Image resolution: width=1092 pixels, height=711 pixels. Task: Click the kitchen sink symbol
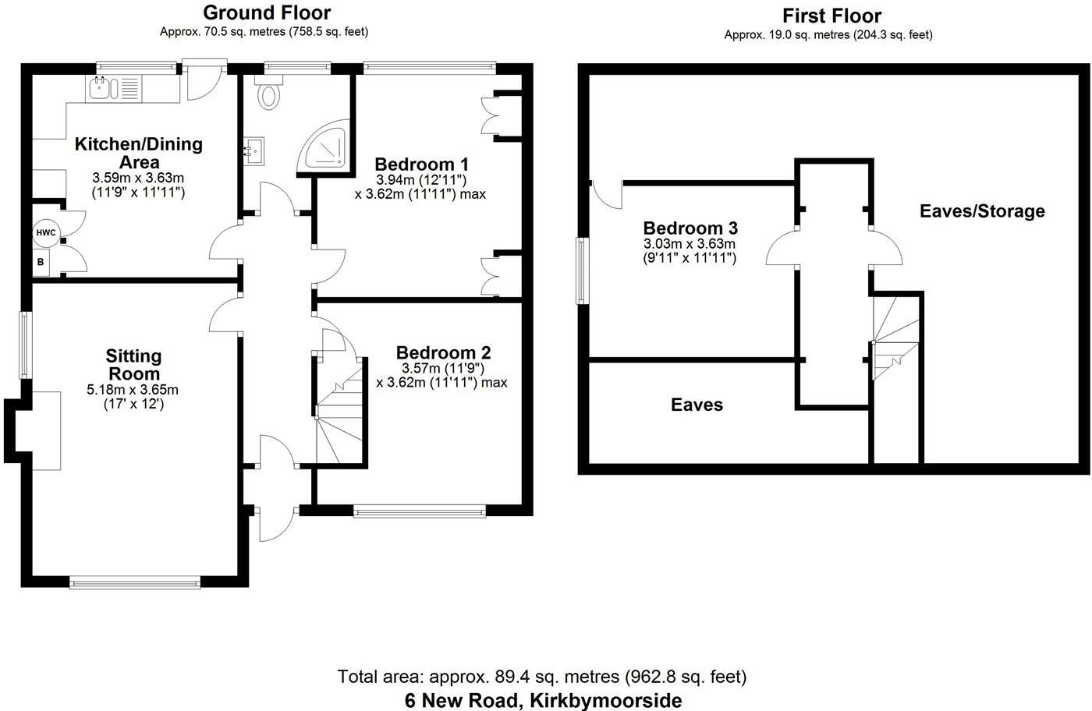pos(102,88)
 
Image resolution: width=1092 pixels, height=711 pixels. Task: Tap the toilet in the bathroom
pos(270,95)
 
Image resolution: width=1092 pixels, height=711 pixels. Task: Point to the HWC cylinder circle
pos(44,232)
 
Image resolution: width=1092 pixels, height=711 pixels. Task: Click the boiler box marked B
pos(41,263)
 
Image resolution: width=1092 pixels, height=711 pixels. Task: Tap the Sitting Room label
pos(134,364)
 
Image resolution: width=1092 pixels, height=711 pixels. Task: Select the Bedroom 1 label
pos(421,164)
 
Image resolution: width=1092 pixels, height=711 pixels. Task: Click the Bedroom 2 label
pos(443,353)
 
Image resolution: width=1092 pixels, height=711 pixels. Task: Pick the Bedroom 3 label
pos(690,228)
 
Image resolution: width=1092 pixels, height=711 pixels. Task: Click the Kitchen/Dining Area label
pos(138,153)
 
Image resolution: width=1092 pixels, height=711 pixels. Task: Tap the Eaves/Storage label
pos(982,211)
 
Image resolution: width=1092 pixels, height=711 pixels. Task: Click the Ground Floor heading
pos(266,13)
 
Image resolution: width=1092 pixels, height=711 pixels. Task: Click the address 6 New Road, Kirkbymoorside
pos(543,700)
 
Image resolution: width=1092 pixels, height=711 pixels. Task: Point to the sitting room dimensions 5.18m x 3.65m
pos(133,390)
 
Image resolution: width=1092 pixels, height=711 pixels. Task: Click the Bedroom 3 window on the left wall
pos(582,271)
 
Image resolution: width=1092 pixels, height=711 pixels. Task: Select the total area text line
pos(542,676)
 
